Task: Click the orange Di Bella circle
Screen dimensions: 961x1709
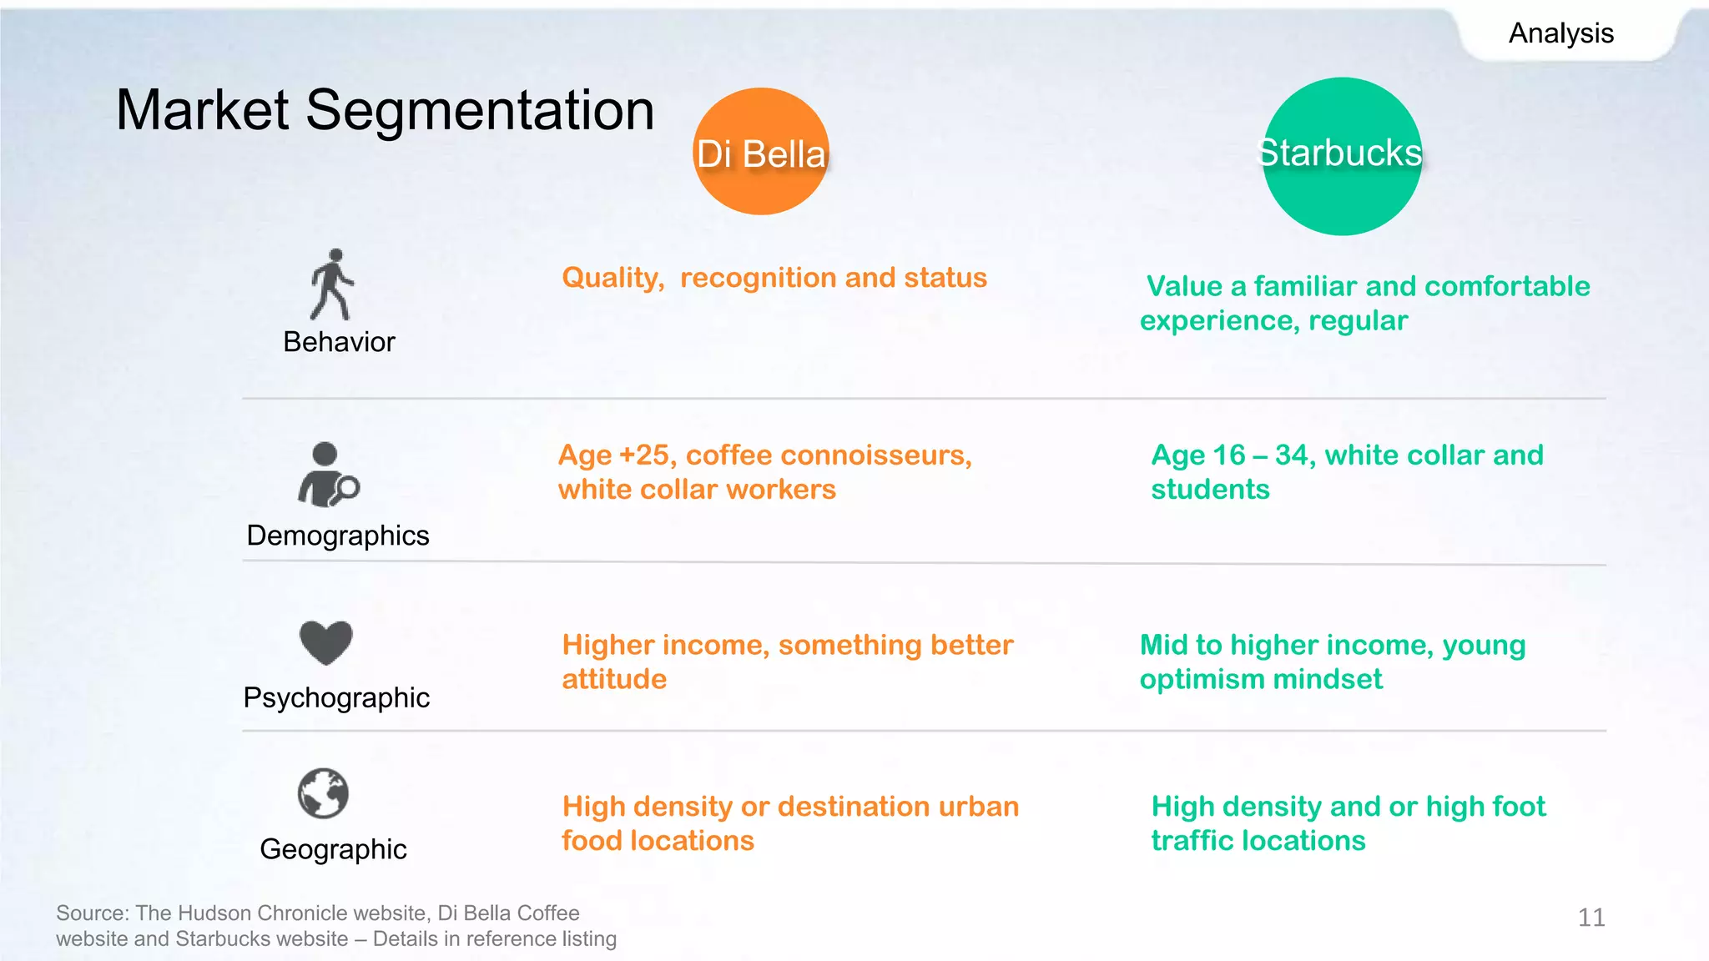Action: [x=760, y=152]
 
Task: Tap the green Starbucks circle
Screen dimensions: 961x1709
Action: [x=1341, y=156]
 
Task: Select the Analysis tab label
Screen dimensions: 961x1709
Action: [x=1560, y=33]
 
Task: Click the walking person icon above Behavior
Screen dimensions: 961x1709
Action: [x=332, y=284]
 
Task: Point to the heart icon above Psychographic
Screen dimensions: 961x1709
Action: [x=325, y=642]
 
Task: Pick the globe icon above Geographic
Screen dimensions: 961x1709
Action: [x=323, y=793]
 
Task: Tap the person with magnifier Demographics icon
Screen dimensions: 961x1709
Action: [x=327, y=475]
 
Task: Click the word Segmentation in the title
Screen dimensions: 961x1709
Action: [x=480, y=110]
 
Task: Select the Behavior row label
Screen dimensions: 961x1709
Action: [x=339, y=342]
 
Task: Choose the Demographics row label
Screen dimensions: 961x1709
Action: [x=338, y=536]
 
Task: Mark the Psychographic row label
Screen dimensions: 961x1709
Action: [x=336, y=697]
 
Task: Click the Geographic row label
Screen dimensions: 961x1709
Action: [x=333, y=849]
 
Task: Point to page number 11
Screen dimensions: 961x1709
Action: [x=1591, y=918]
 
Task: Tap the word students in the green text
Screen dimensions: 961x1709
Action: [x=1210, y=490]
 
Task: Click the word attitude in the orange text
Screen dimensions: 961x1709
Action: [x=614, y=680]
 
